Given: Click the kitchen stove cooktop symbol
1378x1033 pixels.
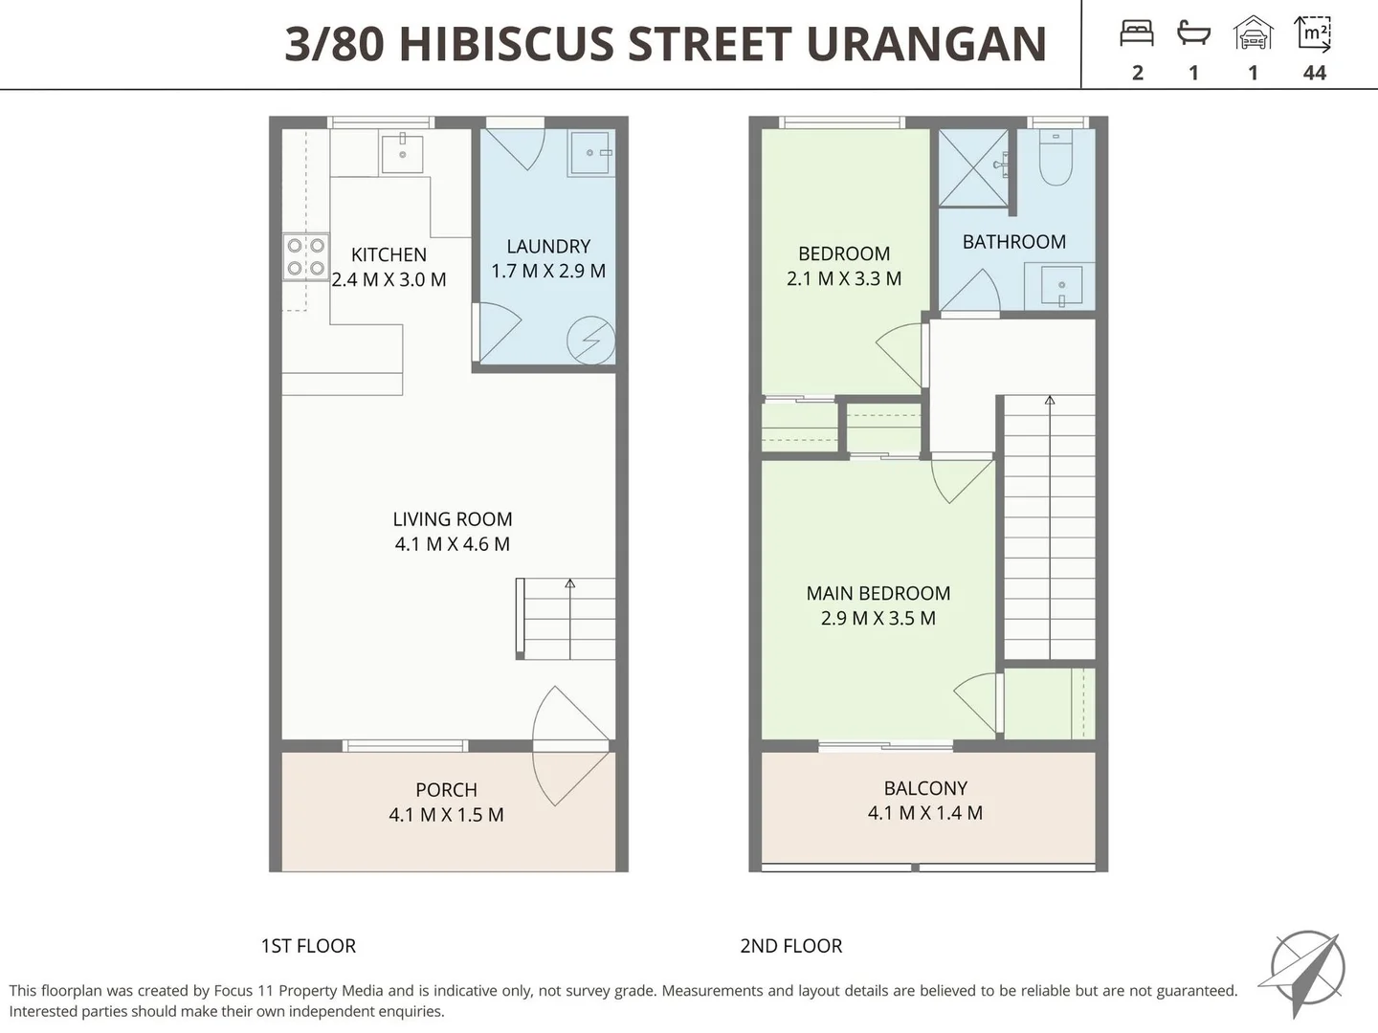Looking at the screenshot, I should pyautogui.click(x=305, y=256).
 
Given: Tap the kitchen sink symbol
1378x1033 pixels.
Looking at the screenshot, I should pyautogui.click(x=402, y=153).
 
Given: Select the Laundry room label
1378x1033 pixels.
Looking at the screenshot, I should pyautogui.click(x=548, y=247).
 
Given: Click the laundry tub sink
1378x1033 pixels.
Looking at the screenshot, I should pyautogui.click(x=589, y=153).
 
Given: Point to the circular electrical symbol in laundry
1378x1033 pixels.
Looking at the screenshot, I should pyautogui.click(x=590, y=340).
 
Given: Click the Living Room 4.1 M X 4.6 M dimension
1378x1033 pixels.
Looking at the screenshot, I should pyautogui.click(x=453, y=544).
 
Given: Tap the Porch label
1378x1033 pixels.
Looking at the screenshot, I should pyautogui.click(x=446, y=790).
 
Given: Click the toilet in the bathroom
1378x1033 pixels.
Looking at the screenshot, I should pyautogui.click(x=1056, y=158).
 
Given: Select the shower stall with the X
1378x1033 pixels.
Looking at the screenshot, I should pyautogui.click(x=973, y=167).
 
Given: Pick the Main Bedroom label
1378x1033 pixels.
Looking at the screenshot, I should pyautogui.click(x=878, y=594).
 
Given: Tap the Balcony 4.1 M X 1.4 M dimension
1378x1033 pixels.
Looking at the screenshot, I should pyautogui.click(x=925, y=813).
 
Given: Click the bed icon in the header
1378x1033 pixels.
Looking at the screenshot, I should pyautogui.click(x=1137, y=34).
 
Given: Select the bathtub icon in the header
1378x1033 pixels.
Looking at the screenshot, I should pyautogui.click(x=1193, y=34).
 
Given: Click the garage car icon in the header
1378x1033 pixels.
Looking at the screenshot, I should pyautogui.click(x=1253, y=34).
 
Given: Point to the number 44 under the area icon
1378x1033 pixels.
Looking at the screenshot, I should pyautogui.click(x=1315, y=73).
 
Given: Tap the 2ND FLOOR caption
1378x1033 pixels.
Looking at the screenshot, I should pyautogui.click(x=791, y=946).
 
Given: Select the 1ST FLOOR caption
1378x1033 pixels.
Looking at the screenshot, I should pyautogui.click(x=308, y=946).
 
